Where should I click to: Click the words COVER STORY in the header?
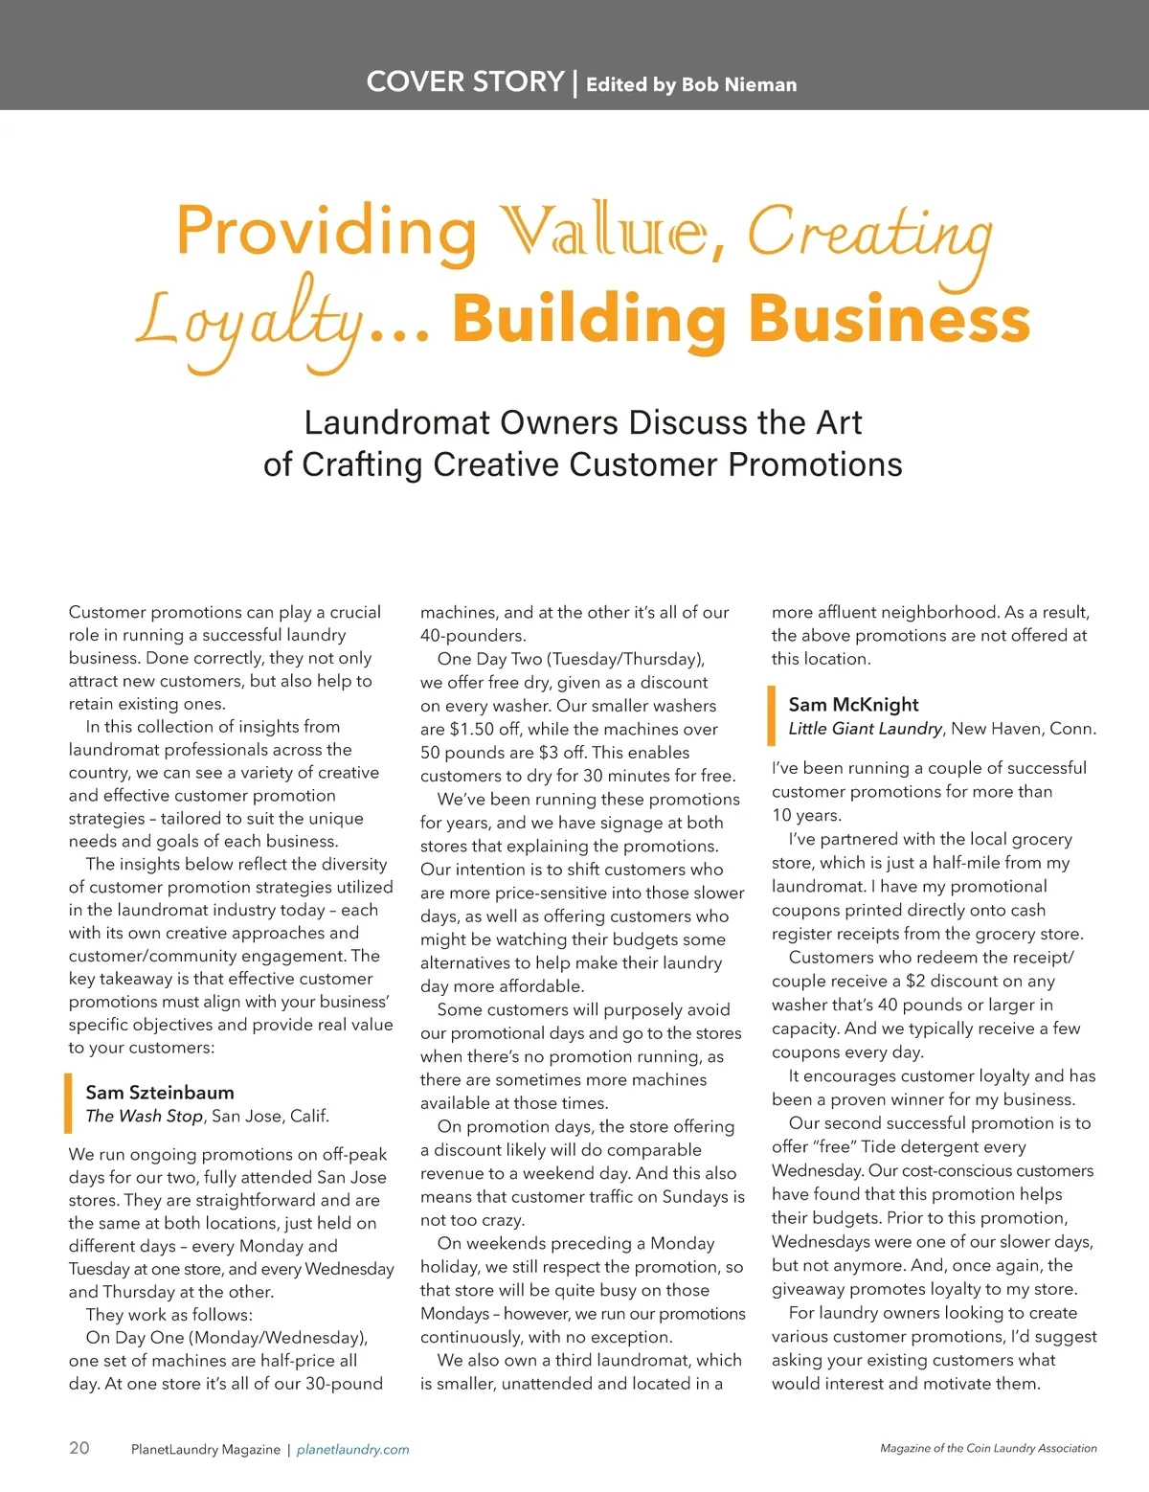pos(464,81)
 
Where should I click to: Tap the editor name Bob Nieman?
pos(738,84)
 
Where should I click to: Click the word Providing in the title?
pos(327,233)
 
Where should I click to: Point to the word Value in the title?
pos(608,233)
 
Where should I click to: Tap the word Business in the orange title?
pos(889,319)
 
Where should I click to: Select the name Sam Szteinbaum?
pos(160,1092)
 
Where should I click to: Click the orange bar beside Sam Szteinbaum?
pos(68,1103)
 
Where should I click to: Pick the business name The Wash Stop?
pos(144,1116)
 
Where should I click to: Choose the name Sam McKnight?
pos(853,704)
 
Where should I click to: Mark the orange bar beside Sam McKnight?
pos(771,715)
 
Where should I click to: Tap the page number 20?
pos(79,1447)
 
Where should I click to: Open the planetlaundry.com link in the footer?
pos(352,1450)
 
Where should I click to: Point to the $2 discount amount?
pos(919,982)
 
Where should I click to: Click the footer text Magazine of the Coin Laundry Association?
pos(988,1449)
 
